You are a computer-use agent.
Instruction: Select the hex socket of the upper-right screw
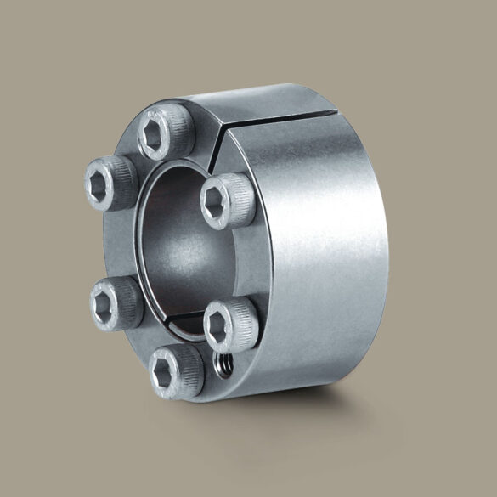217,201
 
